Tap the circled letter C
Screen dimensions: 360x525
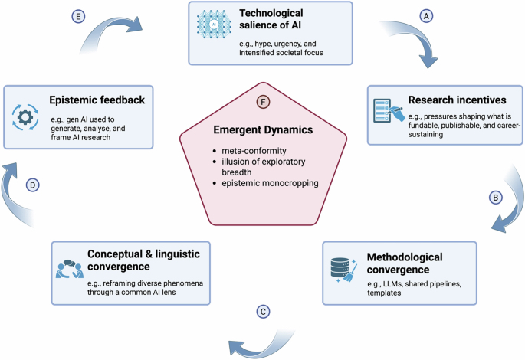coord(262,313)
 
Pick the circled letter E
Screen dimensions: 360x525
coord(77,15)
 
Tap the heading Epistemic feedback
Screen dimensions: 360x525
coord(97,100)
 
